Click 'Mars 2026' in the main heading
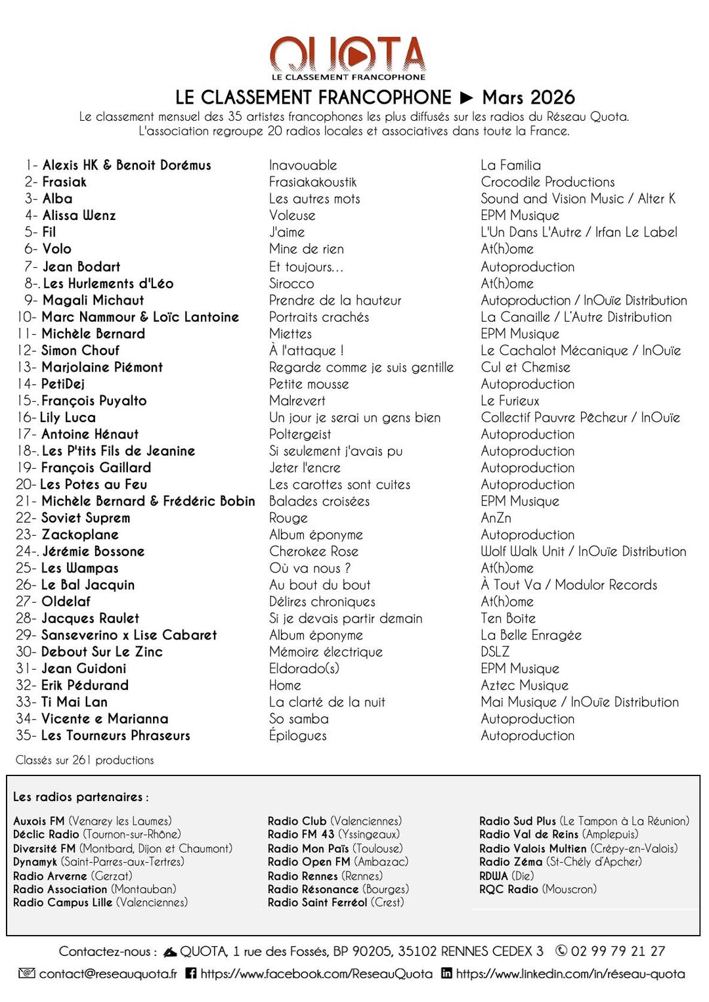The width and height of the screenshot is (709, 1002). click(528, 98)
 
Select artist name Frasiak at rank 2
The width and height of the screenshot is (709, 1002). click(64, 182)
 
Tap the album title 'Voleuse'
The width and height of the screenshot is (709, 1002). click(292, 215)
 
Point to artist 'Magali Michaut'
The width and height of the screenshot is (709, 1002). click(93, 300)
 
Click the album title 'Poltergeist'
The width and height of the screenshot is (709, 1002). click(300, 434)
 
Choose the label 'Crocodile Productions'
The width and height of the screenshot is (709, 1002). click(548, 182)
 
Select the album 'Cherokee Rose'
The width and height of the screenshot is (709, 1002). click(314, 552)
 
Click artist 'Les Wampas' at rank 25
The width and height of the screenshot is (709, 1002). click(80, 568)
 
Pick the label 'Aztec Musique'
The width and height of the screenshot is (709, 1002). click(525, 686)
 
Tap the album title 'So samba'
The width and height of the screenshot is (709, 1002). click(299, 719)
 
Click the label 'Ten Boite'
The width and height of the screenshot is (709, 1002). click(508, 619)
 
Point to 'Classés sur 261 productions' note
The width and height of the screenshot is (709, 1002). click(85, 760)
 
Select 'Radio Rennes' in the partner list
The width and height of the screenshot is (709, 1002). click(302, 876)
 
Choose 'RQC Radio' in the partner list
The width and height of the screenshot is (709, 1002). click(509, 889)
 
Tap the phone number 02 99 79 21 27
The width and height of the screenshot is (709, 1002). click(618, 951)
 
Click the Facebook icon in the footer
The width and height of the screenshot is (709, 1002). click(191, 973)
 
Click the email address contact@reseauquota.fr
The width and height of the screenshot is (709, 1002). click(108, 974)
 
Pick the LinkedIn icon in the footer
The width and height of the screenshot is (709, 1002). click(446, 973)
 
